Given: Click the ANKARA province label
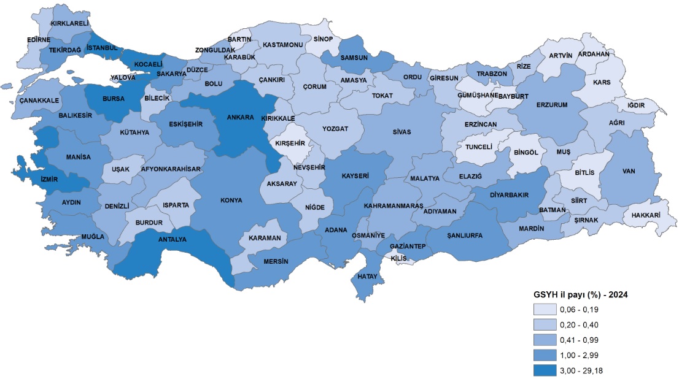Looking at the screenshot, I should point(241,118).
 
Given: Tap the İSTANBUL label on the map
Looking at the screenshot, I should point(102,47).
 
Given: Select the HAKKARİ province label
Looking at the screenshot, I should point(647,215).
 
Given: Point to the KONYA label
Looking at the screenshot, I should point(231,200).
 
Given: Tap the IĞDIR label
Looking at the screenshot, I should point(637,105).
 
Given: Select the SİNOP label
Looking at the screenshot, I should point(323,39).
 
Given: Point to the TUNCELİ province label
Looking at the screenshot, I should point(479,147).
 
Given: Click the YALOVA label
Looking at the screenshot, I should point(123,78).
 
